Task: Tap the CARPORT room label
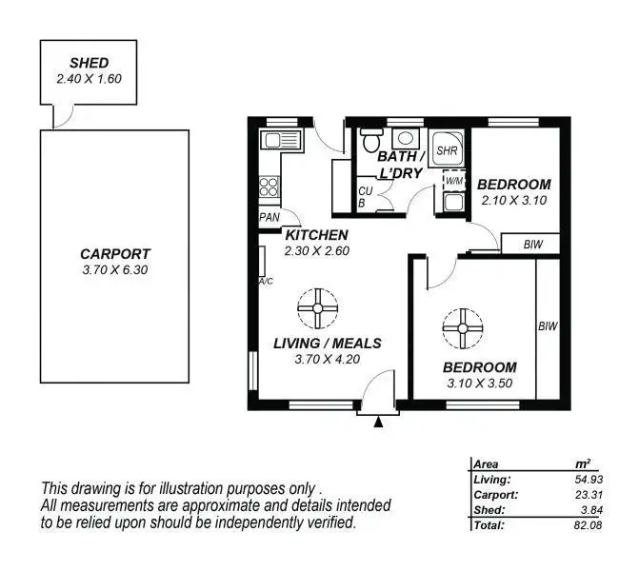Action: point(114,254)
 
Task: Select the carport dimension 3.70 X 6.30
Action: point(114,269)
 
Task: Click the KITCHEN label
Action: point(316,235)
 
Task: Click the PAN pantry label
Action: point(269,217)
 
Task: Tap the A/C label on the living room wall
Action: point(266,282)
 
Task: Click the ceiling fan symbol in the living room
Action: point(317,306)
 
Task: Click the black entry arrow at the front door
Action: point(379,423)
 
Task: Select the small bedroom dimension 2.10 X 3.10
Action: point(513,201)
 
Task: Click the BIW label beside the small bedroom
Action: point(534,245)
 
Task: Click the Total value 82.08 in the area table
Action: point(575,524)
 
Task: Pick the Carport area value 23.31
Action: point(575,495)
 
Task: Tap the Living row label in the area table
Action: point(491,480)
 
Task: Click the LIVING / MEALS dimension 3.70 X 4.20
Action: point(327,359)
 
